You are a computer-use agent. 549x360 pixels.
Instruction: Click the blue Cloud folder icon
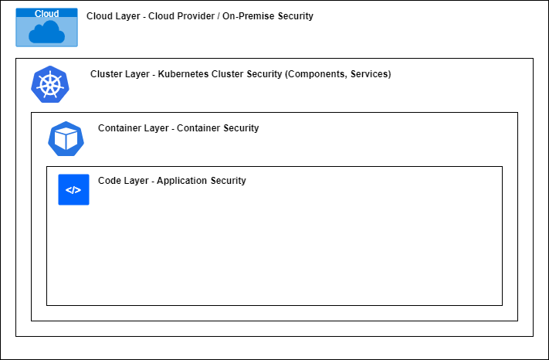coord(46,27)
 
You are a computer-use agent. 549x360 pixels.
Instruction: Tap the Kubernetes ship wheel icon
coord(50,84)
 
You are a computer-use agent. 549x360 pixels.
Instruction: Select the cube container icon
coord(66,139)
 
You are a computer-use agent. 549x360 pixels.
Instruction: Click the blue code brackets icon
coord(73,189)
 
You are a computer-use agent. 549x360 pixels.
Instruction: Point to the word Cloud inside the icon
coord(46,14)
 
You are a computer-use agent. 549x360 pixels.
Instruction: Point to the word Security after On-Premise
coord(296,16)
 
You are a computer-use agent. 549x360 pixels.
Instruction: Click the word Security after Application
coord(229,181)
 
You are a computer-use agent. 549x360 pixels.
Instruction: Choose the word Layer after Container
coord(157,128)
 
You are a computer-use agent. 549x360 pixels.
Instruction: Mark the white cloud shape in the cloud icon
coord(46,32)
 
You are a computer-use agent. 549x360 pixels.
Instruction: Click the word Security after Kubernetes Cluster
coord(264,74)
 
